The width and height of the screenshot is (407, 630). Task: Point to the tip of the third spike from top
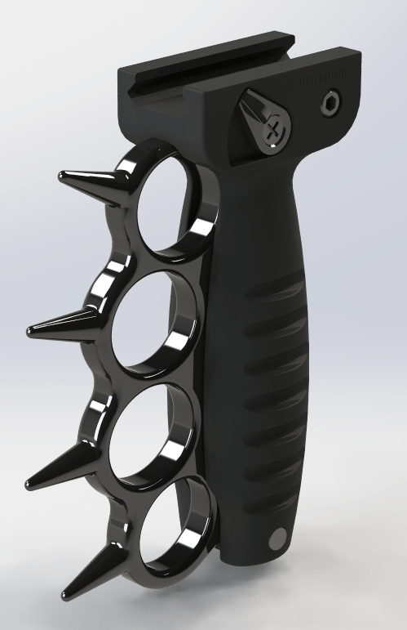29,482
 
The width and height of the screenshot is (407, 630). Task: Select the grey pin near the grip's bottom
278,538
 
